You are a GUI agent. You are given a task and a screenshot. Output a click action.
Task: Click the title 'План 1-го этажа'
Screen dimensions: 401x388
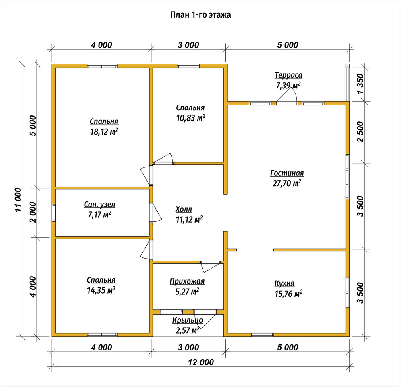[x=200, y=15]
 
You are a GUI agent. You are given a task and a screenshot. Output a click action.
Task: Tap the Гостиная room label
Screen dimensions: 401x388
[x=287, y=173]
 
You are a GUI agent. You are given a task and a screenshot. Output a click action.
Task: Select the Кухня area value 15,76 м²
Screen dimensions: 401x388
[x=288, y=294]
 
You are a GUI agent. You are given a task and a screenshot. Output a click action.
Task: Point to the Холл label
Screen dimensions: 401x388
[x=184, y=209]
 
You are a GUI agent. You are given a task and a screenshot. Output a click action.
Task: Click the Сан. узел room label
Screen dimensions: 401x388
[x=99, y=205]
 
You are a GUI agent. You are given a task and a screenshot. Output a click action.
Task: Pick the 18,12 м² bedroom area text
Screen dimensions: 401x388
[x=104, y=132]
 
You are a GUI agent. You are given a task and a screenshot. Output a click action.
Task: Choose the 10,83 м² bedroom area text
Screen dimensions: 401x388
[x=191, y=118]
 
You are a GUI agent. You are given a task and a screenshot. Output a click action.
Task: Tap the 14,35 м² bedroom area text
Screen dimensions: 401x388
[x=101, y=290]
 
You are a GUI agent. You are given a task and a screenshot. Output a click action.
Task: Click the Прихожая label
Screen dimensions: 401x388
[x=187, y=281]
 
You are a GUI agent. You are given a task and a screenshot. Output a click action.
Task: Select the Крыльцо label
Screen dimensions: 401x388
[x=187, y=320]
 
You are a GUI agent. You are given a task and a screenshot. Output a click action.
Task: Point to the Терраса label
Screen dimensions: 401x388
[x=288, y=75]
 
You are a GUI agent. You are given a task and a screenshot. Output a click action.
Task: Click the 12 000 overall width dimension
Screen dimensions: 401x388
[x=201, y=362]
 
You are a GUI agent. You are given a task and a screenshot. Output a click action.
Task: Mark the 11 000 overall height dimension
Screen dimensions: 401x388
[x=18, y=200]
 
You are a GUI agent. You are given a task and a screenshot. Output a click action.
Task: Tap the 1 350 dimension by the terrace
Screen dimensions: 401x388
[x=360, y=84]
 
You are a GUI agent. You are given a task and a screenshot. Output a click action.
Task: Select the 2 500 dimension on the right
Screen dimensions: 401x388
[x=360, y=132]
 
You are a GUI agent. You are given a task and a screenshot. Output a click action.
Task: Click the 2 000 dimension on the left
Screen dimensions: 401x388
[x=34, y=212]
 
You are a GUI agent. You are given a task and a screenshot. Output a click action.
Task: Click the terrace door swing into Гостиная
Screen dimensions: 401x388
[x=286, y=96]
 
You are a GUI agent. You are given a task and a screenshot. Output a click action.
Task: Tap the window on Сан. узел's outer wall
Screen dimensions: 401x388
[x=54, y=213]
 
